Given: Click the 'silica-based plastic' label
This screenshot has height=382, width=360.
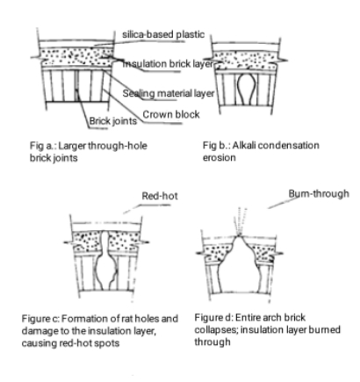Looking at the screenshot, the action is (163, 34).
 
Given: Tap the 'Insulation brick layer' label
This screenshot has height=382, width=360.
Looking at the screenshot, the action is (168, 64).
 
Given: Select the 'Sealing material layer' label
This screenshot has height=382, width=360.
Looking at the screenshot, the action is (169, 93).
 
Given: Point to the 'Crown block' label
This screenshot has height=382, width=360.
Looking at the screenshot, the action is (171, 114).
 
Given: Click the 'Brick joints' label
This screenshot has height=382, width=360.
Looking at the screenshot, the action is (113, 121).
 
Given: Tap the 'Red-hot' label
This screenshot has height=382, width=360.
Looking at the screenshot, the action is (160, 196).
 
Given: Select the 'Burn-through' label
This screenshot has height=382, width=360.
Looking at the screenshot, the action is (319, 193).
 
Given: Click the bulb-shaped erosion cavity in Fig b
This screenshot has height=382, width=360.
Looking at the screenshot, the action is (246, 89).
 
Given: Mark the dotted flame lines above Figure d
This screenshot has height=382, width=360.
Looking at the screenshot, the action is (240, 221).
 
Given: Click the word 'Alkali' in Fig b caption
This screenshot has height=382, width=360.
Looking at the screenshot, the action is (244, 145).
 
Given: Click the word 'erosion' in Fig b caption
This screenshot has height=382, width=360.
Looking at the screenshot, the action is (220, 157).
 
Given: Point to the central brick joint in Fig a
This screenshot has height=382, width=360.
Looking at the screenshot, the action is (76, 85).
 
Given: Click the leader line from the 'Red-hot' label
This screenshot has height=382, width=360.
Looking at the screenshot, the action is (147, 209).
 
